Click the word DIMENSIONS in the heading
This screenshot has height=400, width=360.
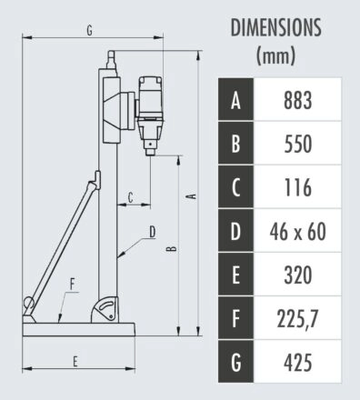pos(275,27)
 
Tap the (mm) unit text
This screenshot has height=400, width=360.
pos(275,55)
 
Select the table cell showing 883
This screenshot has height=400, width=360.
pos(297,100)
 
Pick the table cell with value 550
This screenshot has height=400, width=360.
pos(297,144)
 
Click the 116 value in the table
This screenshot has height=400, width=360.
pos(297,187)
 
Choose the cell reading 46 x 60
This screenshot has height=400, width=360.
pos(297,231)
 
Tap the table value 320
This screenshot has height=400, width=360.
pos(297,275)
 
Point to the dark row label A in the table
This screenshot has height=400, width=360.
pos(235,100)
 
